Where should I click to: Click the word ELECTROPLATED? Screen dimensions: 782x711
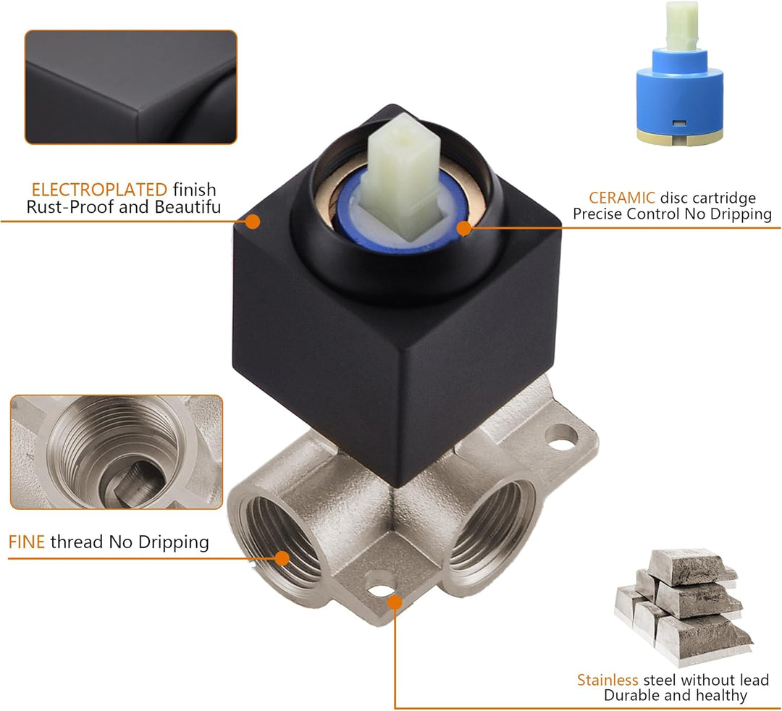(99, 190)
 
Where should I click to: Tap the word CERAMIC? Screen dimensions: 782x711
(622, 198)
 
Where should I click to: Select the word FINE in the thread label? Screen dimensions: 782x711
(27, 542)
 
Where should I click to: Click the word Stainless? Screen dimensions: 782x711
(607, 680)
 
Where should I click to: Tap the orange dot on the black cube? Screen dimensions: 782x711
(253, 222)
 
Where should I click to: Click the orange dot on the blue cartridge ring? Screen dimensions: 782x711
(464, 228)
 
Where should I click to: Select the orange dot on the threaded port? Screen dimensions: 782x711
(282, 558)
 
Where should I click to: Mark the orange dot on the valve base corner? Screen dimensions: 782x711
(395, 602)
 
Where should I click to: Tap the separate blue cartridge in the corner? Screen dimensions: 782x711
(680, 75)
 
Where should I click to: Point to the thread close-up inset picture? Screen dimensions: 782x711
(117, 453)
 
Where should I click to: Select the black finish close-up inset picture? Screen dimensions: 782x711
(131, 88)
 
